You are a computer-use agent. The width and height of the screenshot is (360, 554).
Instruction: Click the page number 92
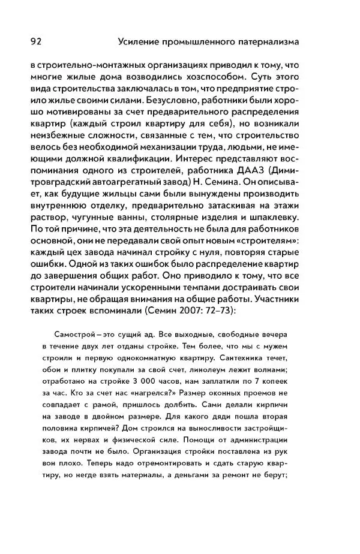[34, 42]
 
